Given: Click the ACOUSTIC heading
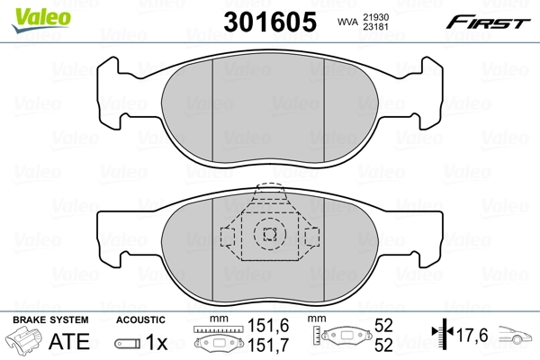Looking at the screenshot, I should point(140,320).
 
